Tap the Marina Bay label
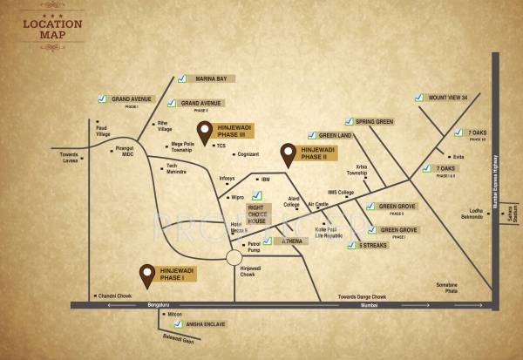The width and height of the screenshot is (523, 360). pyautogui.click(x=210, y=79)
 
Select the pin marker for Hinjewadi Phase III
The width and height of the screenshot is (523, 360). pyautogui.click(x=205, y=133)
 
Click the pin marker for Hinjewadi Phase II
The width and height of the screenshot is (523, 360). pyautogui.click(x=288, y=155)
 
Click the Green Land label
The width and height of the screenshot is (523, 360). pyautogui.click(x=336, y=136)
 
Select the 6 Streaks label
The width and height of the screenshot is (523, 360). pyautogui.click(x=373, y=246)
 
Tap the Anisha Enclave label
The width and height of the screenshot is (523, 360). pyautogui.click(x=206, y=323)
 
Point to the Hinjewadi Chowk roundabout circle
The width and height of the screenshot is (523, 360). pyautogui.click(x=234, y=257)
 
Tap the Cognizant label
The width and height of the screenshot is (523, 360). pyautogui.click(x=248, y=154)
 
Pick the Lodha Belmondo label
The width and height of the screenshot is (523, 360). pyautogui.click(x=471, y=214)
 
